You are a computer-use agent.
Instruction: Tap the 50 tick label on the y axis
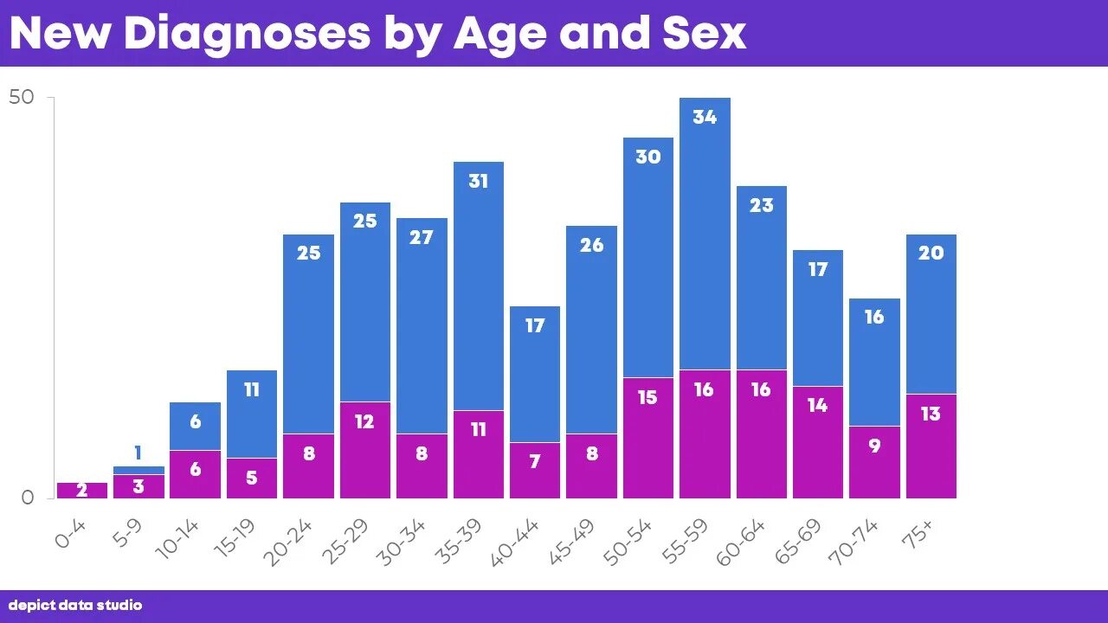(x=22, y=98)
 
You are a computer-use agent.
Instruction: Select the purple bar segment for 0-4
(x=82, y=490)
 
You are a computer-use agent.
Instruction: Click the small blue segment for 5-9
(x=138, y=470)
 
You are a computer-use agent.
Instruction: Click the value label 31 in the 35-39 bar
(x=478, y=182)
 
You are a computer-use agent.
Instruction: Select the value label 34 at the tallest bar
(x=705, y=117)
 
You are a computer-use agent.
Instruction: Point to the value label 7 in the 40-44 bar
(x=535, y=462)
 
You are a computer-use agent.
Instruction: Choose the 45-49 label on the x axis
(x=572, y=543)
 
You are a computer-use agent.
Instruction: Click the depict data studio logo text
(x=75, y=606)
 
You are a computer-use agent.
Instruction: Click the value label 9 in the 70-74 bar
(x=874, y=446)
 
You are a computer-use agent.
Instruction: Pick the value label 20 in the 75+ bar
(x=931, y=254)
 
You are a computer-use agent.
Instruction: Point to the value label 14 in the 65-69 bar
(x=817, y=405)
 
